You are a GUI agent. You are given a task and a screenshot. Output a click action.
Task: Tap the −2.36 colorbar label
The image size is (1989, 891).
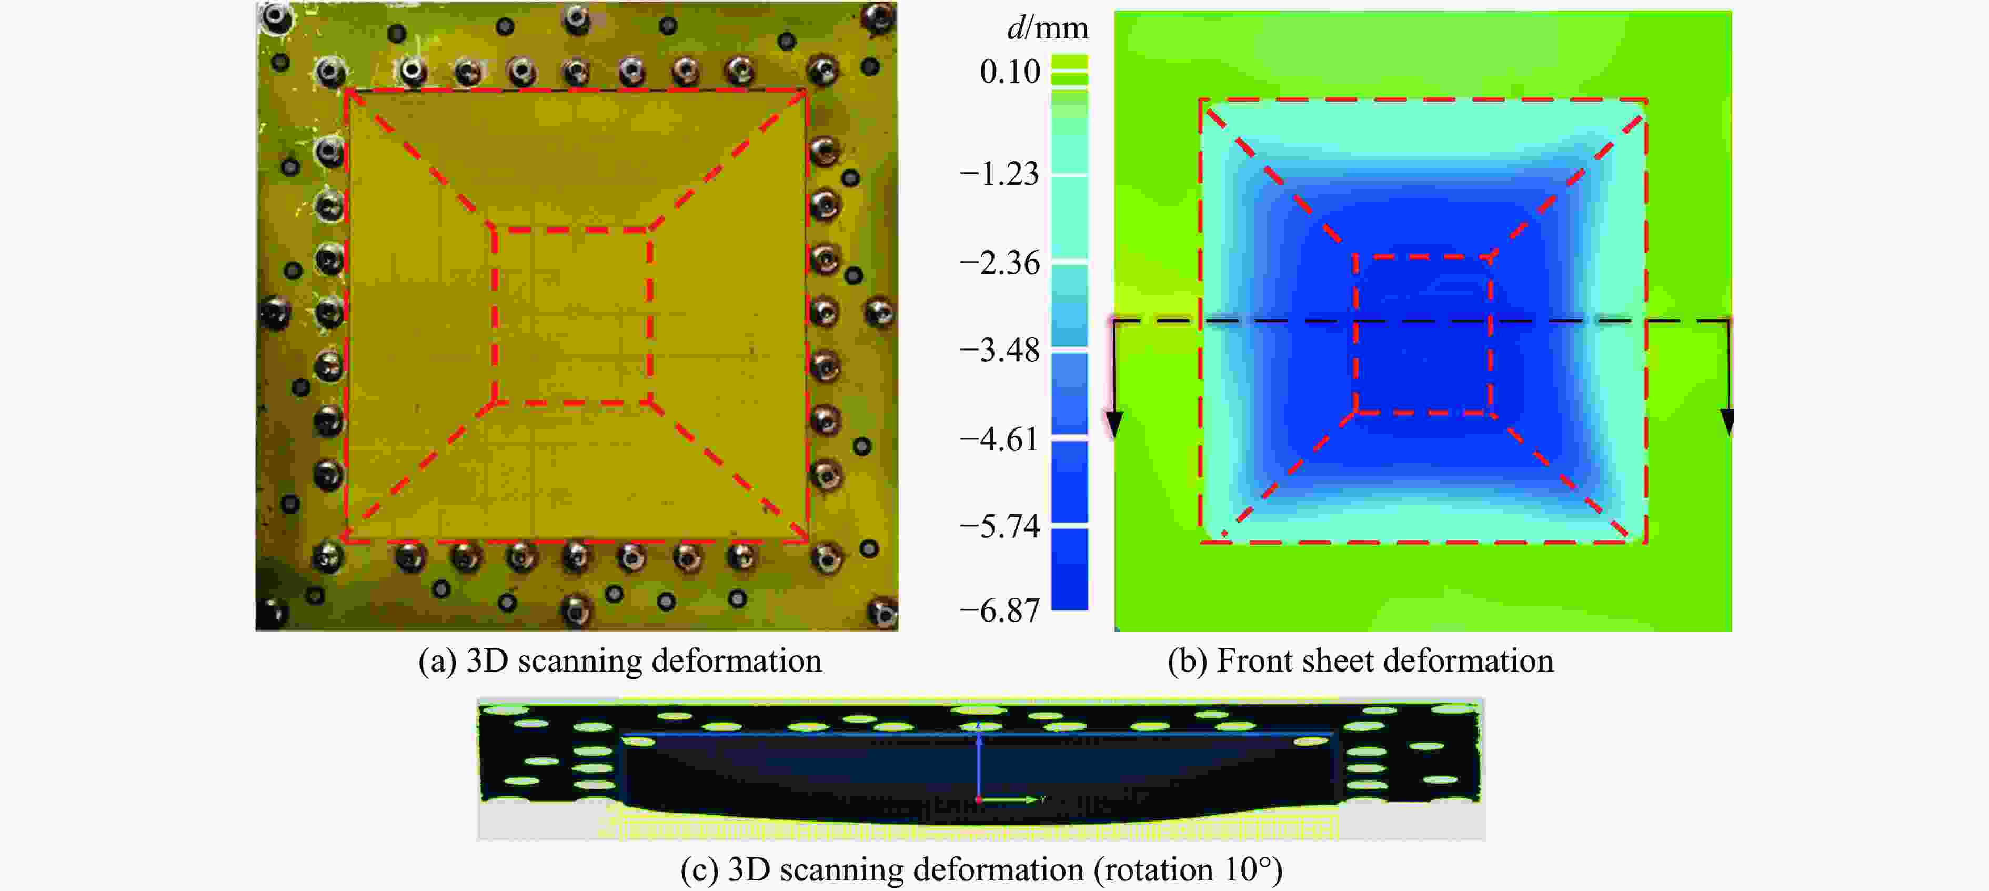click(999, 263)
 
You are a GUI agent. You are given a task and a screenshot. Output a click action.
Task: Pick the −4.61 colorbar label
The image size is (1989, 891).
click(999, 439)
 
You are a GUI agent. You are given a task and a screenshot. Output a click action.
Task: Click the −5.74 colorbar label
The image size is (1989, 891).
click(999, 527)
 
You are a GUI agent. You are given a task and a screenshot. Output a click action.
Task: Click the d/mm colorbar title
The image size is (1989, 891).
click(1047, 28)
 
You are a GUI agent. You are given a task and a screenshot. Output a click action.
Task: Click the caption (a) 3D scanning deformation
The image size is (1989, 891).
click(619, 661)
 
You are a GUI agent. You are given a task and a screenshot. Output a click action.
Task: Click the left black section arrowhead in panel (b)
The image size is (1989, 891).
click(1113, 423)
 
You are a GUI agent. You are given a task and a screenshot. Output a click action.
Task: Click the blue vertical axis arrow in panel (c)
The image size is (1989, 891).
click(978, 764)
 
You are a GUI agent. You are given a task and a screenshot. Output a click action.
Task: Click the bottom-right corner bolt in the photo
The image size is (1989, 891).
click(881, 612)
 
